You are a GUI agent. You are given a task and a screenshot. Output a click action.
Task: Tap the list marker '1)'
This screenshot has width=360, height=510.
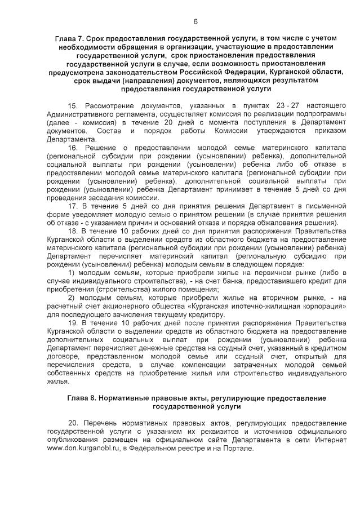[x=72, y=273]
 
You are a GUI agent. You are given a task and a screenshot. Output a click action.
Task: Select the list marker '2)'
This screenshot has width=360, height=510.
[x=72, y=298]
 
